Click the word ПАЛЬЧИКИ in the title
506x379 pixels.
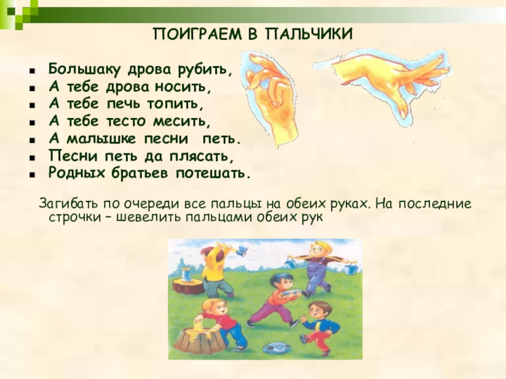coord(309,34)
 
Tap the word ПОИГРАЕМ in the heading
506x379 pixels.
coord(197,34)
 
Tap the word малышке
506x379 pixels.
coord(101,139)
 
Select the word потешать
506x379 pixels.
coord(213,174)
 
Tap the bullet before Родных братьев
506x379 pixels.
coord(32,175)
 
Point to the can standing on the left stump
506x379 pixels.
coord(186,275)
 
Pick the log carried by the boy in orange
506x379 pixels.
coord(291,293)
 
